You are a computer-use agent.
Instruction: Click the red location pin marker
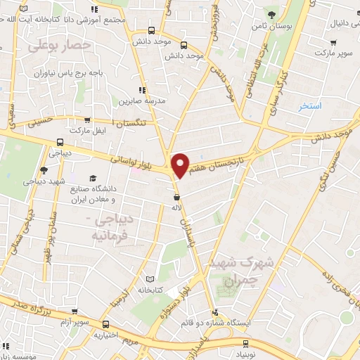[181, 164]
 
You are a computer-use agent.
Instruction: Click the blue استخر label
[309, 106]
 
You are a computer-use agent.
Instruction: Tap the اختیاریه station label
[107, 335]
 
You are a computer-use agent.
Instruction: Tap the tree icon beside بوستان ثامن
[272, 14]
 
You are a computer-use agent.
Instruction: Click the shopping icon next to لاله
[176, 195]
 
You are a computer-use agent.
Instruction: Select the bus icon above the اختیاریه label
[105, 324]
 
